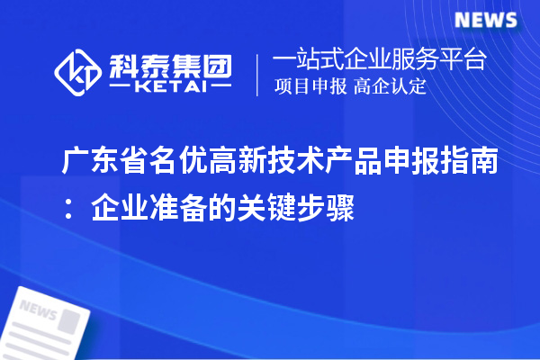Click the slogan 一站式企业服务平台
point(379,60)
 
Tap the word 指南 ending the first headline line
point(463,163)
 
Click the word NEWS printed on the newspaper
point(38,309)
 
